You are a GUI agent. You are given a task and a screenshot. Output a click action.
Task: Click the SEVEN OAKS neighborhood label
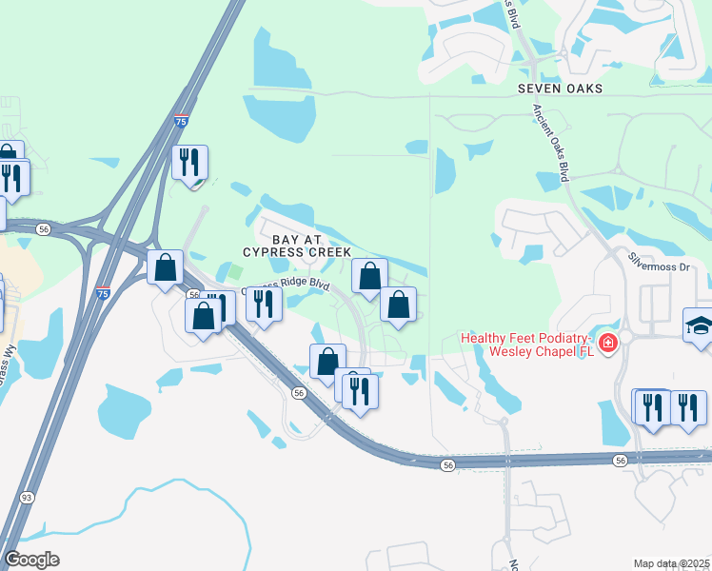(x=561, y=88)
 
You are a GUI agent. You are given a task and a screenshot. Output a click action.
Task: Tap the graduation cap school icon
(x=698, y=325)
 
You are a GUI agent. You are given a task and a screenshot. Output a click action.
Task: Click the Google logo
(x=31, y=560)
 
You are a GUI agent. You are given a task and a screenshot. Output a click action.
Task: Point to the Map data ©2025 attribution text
(x=671, y=563)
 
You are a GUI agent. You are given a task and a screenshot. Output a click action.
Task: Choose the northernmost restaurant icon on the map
(x=188, y=162)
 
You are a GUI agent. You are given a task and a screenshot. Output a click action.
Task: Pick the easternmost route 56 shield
(x=621, y=461)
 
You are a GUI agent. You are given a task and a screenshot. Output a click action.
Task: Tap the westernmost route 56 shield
(x=44, y=228)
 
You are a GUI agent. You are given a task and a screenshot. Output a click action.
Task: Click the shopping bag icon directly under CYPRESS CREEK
(x=369, y=276)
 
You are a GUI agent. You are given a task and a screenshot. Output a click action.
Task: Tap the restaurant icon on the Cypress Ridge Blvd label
(x=263, y=304)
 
